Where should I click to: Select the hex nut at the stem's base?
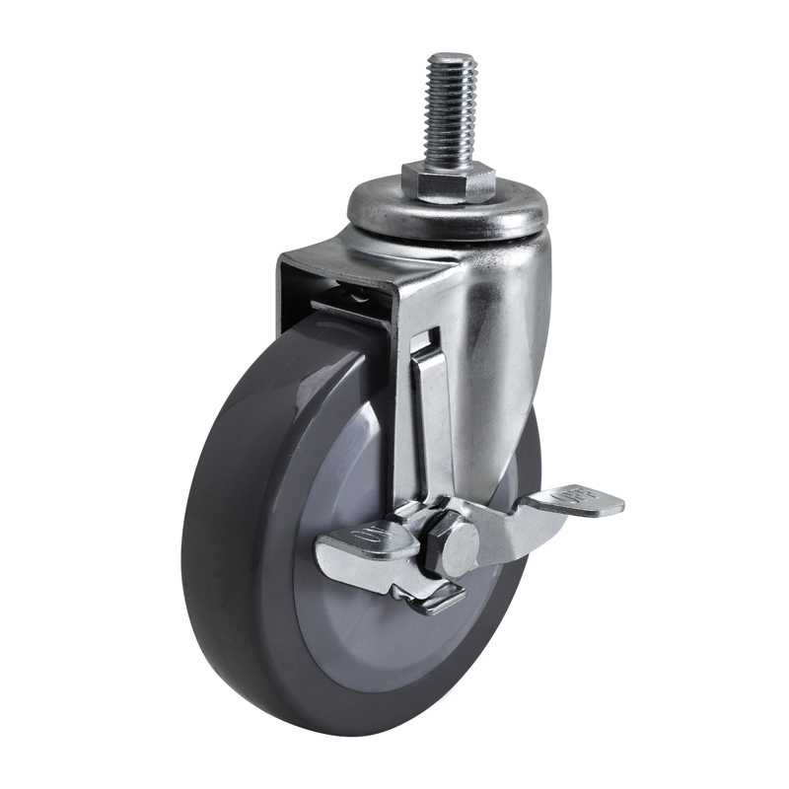click(448, 183)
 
